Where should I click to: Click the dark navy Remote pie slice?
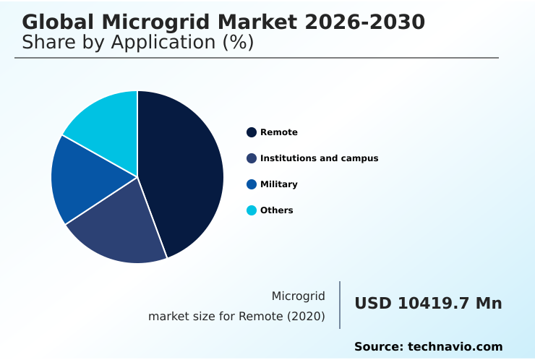[184, 170]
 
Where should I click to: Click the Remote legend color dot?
[252, 132]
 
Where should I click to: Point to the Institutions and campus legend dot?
[252, 158]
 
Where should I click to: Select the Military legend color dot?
[252, 184]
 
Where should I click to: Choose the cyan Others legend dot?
[252, 210]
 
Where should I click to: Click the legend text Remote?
[279, 132]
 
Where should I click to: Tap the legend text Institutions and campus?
[319, 158]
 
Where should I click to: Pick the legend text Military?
[279, 184]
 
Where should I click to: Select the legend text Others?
[277, 210]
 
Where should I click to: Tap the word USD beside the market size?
[372, 304]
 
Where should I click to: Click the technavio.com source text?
[455, 347]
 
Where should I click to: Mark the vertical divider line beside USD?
[340, 305]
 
